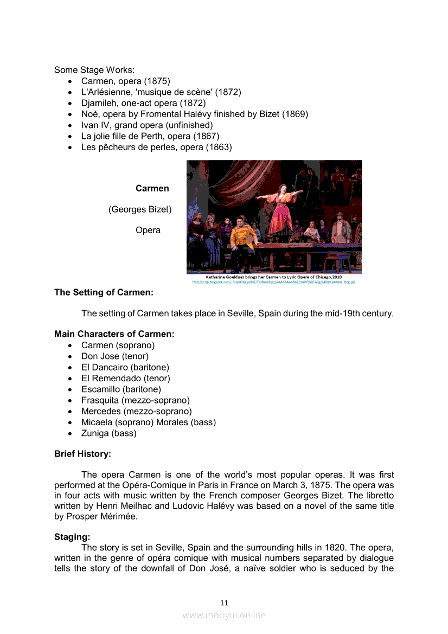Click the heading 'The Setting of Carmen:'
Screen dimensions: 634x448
click(104, 292)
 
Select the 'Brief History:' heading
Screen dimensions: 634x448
click(82, 453)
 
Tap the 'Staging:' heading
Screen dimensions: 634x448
click(72, 537)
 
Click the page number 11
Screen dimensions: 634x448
click(224, 603)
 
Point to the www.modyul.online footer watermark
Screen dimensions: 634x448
click(224, 615)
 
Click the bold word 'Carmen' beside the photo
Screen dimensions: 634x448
click(152, 189)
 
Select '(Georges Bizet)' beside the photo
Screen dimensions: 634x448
click(140, 209)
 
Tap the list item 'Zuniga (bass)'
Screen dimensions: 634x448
click(108, 433)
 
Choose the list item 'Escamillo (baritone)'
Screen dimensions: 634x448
click(121, 389)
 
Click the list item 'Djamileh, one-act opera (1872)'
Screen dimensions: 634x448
click(143, 103)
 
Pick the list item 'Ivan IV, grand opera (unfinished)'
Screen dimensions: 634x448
click(147, 125)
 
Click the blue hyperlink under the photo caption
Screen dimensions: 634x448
click(274, 282)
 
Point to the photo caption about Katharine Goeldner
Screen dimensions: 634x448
click(274, 277)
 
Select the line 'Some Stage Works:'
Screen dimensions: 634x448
click(94, 70)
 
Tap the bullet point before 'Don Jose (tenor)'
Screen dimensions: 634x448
click(71, 357)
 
